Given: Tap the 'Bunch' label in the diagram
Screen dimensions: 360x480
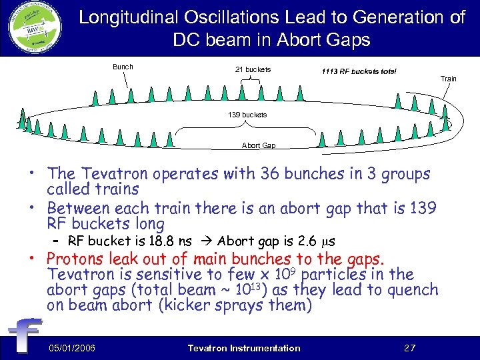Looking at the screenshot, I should (123, 67).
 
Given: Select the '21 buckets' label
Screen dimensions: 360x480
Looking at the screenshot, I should (253, 69).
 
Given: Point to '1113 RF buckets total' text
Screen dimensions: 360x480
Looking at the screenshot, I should (359, 71).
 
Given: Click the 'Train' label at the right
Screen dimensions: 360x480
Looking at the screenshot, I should (448, 79).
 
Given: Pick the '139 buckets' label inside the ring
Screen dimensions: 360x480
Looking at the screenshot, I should (247, 115).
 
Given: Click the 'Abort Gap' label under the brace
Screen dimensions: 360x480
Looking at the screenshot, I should (259, 145).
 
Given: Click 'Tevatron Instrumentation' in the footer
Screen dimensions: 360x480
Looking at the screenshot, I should (244, 348).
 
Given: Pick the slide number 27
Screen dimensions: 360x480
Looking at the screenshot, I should (411, 348).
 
